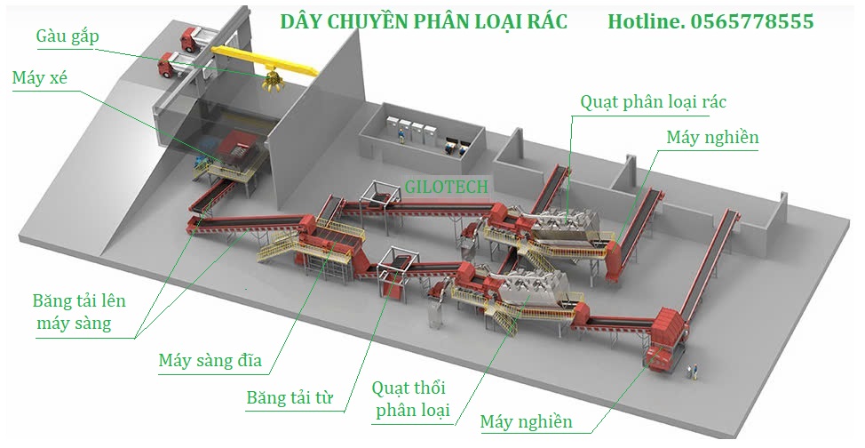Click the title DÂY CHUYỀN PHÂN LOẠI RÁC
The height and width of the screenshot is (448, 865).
coord(423,20)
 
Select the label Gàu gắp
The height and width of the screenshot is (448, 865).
coord(67,36)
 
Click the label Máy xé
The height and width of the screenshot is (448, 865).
coord(40,77)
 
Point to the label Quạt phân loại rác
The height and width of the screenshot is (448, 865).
coord(653,101)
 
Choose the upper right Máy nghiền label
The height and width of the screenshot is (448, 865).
coord(712,138)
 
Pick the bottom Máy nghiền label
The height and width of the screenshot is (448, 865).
coord(526,421)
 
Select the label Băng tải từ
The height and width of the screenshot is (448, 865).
coord(290,397)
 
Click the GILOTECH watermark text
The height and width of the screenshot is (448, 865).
coord(446,185)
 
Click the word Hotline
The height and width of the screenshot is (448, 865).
coord(646,20)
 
